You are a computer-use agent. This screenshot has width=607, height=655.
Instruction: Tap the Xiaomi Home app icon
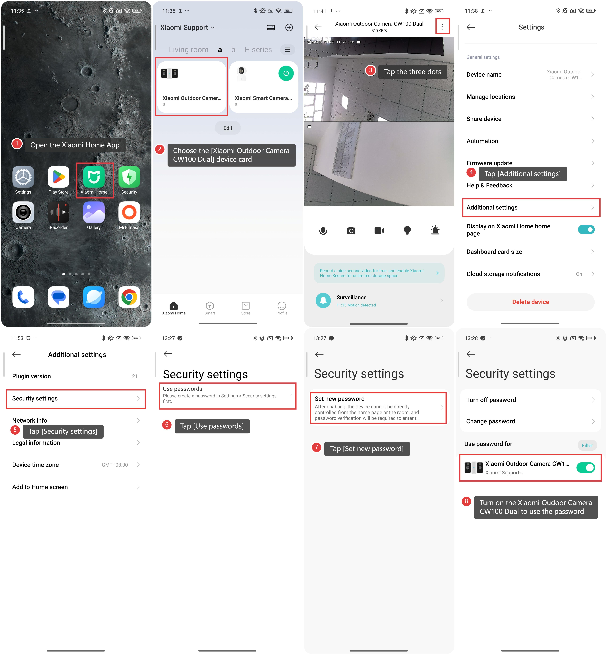point(94,177)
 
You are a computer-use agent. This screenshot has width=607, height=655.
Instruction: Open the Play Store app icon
point(58,177)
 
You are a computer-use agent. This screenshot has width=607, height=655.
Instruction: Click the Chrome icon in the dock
point(129,297)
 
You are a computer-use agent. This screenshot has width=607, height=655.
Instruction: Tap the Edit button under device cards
point(228,128)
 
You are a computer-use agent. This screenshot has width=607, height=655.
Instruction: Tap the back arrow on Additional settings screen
point(16,354)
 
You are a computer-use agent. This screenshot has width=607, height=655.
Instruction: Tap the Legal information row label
point(36,443)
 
